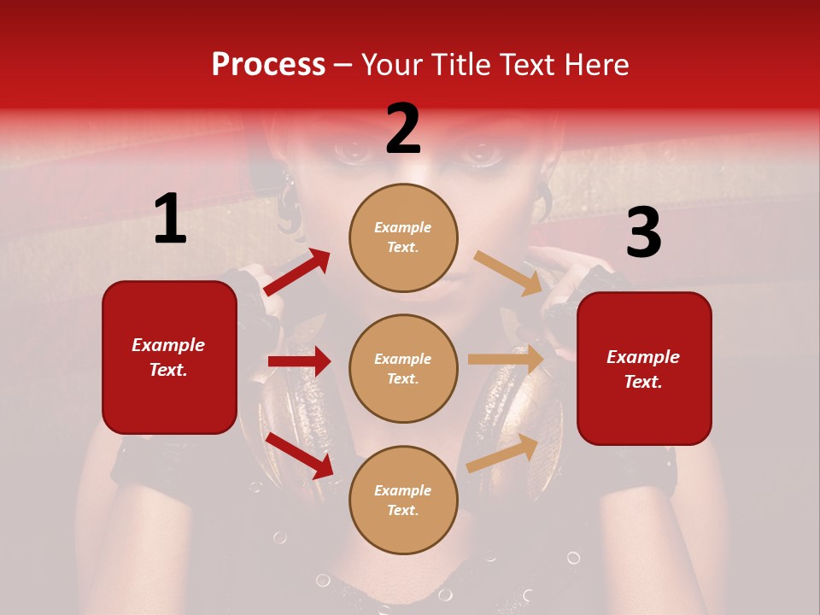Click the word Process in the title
[268, 65]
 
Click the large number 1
[170, 219]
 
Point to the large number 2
[403, 130]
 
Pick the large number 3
[643, 232]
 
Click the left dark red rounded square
[169, 357]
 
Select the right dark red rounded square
[644, 369]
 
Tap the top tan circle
[403, 237]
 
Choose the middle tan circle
[403, 369]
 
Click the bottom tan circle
[403, 501]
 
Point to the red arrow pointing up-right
[296, 272]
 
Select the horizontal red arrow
[299, 361]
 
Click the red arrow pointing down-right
[300, 454]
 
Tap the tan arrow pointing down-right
[508, 273]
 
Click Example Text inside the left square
[168, 357]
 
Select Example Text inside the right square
[643, 369]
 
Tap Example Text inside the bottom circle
[403, 501]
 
